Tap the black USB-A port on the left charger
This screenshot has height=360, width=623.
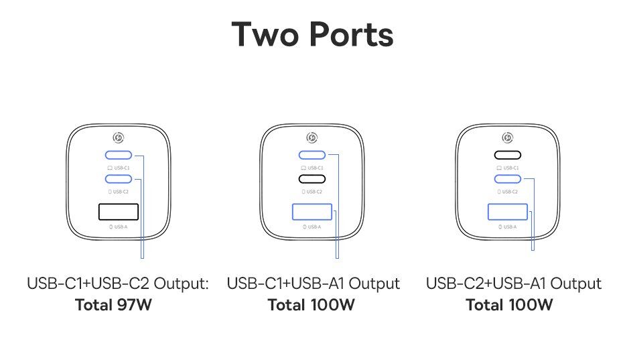[119, 212]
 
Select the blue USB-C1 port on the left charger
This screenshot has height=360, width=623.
[119, 155]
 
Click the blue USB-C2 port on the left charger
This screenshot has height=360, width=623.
[119, 179]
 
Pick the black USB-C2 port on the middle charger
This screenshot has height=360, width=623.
[312, 179]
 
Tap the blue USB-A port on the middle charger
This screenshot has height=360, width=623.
[312, 212]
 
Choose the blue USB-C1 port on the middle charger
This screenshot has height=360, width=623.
[312, 155]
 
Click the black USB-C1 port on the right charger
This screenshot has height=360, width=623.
[507, 155]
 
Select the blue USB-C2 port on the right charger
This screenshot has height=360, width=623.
[507, 179]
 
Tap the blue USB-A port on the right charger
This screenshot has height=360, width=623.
[507, 212]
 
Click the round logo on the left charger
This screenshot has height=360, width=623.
[119, 137]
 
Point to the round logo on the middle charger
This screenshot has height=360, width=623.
[312, 137]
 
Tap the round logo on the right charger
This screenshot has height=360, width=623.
[507, 137]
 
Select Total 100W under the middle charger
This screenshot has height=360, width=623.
[311, 306]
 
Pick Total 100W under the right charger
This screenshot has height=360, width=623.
[509, 306]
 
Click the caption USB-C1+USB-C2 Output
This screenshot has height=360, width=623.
[118, 284]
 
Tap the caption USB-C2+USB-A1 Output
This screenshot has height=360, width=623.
[513, 284]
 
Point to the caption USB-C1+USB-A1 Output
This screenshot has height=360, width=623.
[314, 284]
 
